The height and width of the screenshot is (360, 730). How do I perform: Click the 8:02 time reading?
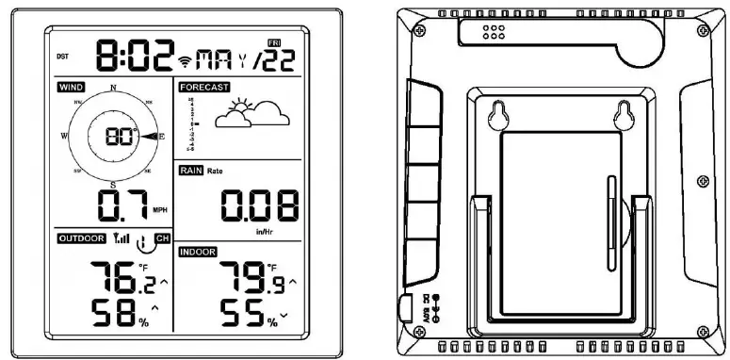(x=136, y=57)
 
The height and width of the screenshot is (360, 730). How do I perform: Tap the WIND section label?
(x=71, y=88)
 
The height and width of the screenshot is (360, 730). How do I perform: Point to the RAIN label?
(x=190, y=171)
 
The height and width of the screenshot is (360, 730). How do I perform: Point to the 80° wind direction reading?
(x=122, y=137)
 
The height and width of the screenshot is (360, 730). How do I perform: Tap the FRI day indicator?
(x=275, y=44)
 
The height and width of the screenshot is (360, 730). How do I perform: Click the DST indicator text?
(x=62, y=57)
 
